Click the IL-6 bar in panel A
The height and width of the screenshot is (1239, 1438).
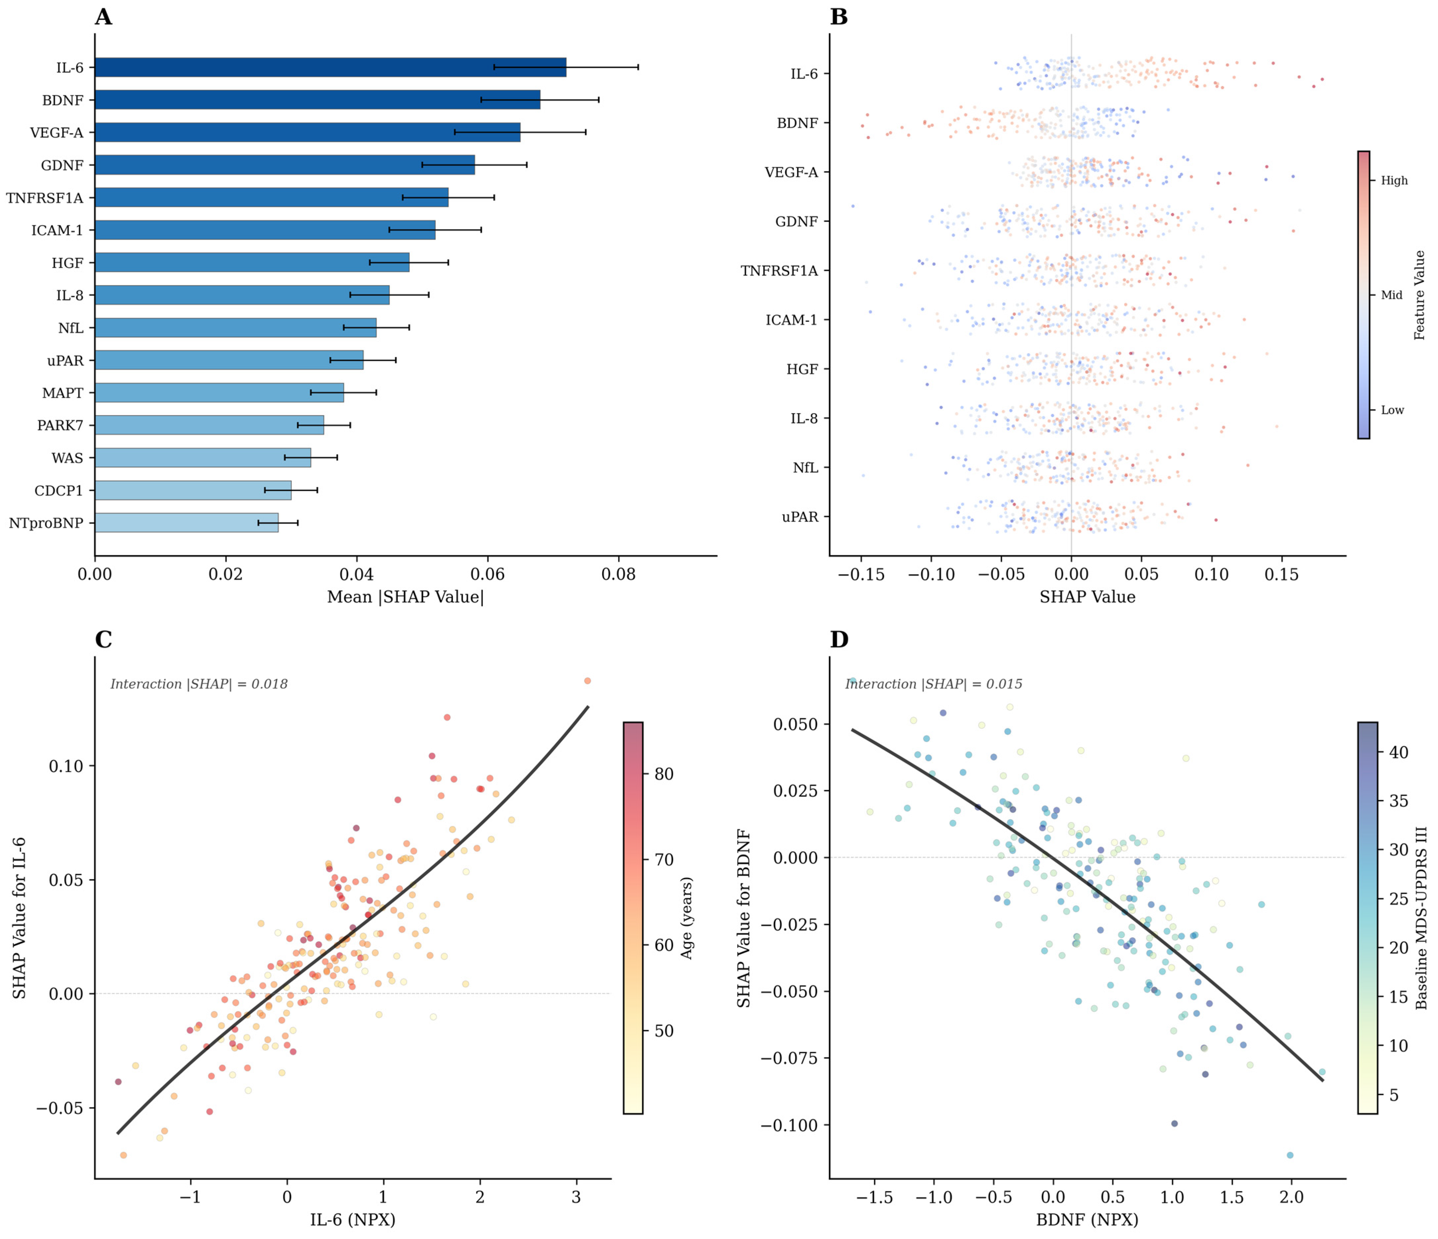pyautogui.click(x=330, y=67)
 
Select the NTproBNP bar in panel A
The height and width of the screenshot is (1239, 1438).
pyautogui.click(x=187, y=523)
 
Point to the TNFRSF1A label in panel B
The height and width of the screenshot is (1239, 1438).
pyautogui.click(x=780, y=271)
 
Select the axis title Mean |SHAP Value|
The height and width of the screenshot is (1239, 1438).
pyautogui.click(x=405, y=597)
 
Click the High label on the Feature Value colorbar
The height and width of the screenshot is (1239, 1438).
pyautogui.click(x=1394, y=180)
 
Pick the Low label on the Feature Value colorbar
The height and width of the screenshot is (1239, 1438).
pyautogui.click(x=1392, y=410)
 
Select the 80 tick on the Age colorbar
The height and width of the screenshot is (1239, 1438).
pyautogui.click(x=664, y=774)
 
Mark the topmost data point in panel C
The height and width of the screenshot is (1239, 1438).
pyautogui.click(x=587, y=681)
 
